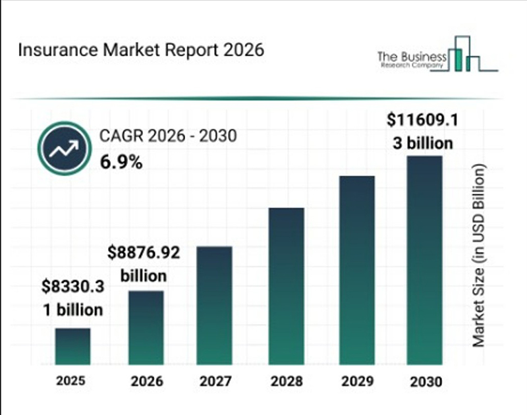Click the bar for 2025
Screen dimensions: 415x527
coord(72,346)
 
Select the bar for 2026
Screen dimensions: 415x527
coord(146,327)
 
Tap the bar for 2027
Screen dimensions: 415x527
coord(215,306)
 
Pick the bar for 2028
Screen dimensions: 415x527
coord(287,286)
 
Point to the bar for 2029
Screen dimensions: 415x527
coord(356,270)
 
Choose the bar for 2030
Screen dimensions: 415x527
coord(425,260)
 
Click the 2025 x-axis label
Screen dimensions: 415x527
coord(71,381)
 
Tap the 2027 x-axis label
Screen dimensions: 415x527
coord(215,381)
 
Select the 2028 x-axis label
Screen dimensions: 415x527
coord(286,381)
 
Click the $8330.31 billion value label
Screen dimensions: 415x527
coord(72,297)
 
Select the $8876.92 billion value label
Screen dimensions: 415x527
coord(144,263)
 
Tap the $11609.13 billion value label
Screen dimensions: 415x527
coord(422,131)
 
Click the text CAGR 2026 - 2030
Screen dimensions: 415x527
coord(168,136)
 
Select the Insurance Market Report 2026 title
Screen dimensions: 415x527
coord(141,51)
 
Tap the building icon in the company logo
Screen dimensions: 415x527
coord(465,57)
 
